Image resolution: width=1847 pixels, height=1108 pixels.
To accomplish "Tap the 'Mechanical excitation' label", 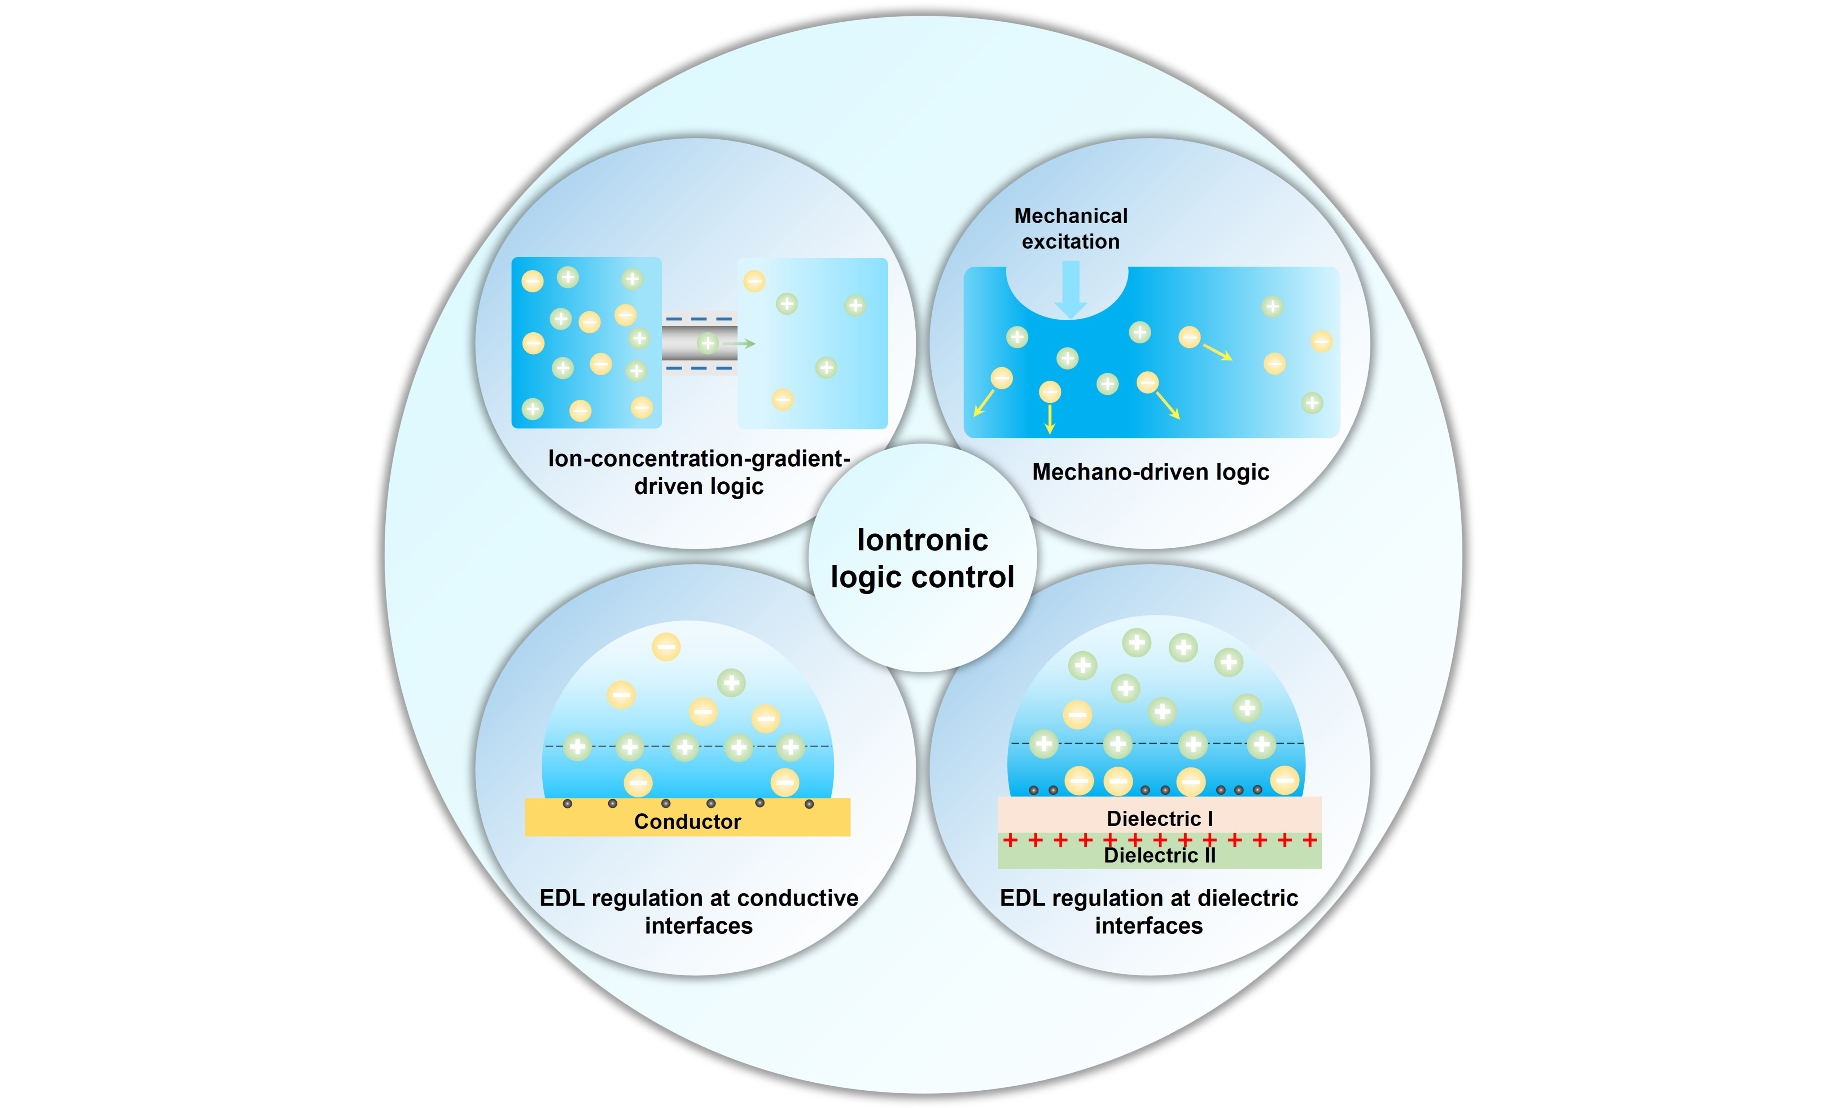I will point(1071,228).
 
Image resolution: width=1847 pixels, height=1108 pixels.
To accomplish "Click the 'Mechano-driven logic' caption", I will point(1151,472).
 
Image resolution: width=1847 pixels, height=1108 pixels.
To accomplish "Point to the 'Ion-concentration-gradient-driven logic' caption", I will point(699,472).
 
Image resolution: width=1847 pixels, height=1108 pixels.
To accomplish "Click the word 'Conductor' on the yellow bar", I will point(687,821).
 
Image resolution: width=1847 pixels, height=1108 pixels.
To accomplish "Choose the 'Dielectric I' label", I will point(1159,818).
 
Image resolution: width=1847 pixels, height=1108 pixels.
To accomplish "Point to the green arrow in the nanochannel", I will point(741,343).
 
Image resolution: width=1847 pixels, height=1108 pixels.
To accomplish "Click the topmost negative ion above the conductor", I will point(666,647).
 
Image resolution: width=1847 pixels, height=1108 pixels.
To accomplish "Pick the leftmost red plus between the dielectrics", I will point(1010,840).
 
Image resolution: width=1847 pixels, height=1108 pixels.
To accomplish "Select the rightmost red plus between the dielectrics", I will point(1309,840).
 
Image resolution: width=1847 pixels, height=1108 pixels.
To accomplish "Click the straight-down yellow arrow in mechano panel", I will point(1050,420).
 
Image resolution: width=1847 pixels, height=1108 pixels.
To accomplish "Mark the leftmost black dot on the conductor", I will point(568,803).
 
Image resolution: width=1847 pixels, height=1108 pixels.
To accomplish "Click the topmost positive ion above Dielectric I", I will point(1136,642).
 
